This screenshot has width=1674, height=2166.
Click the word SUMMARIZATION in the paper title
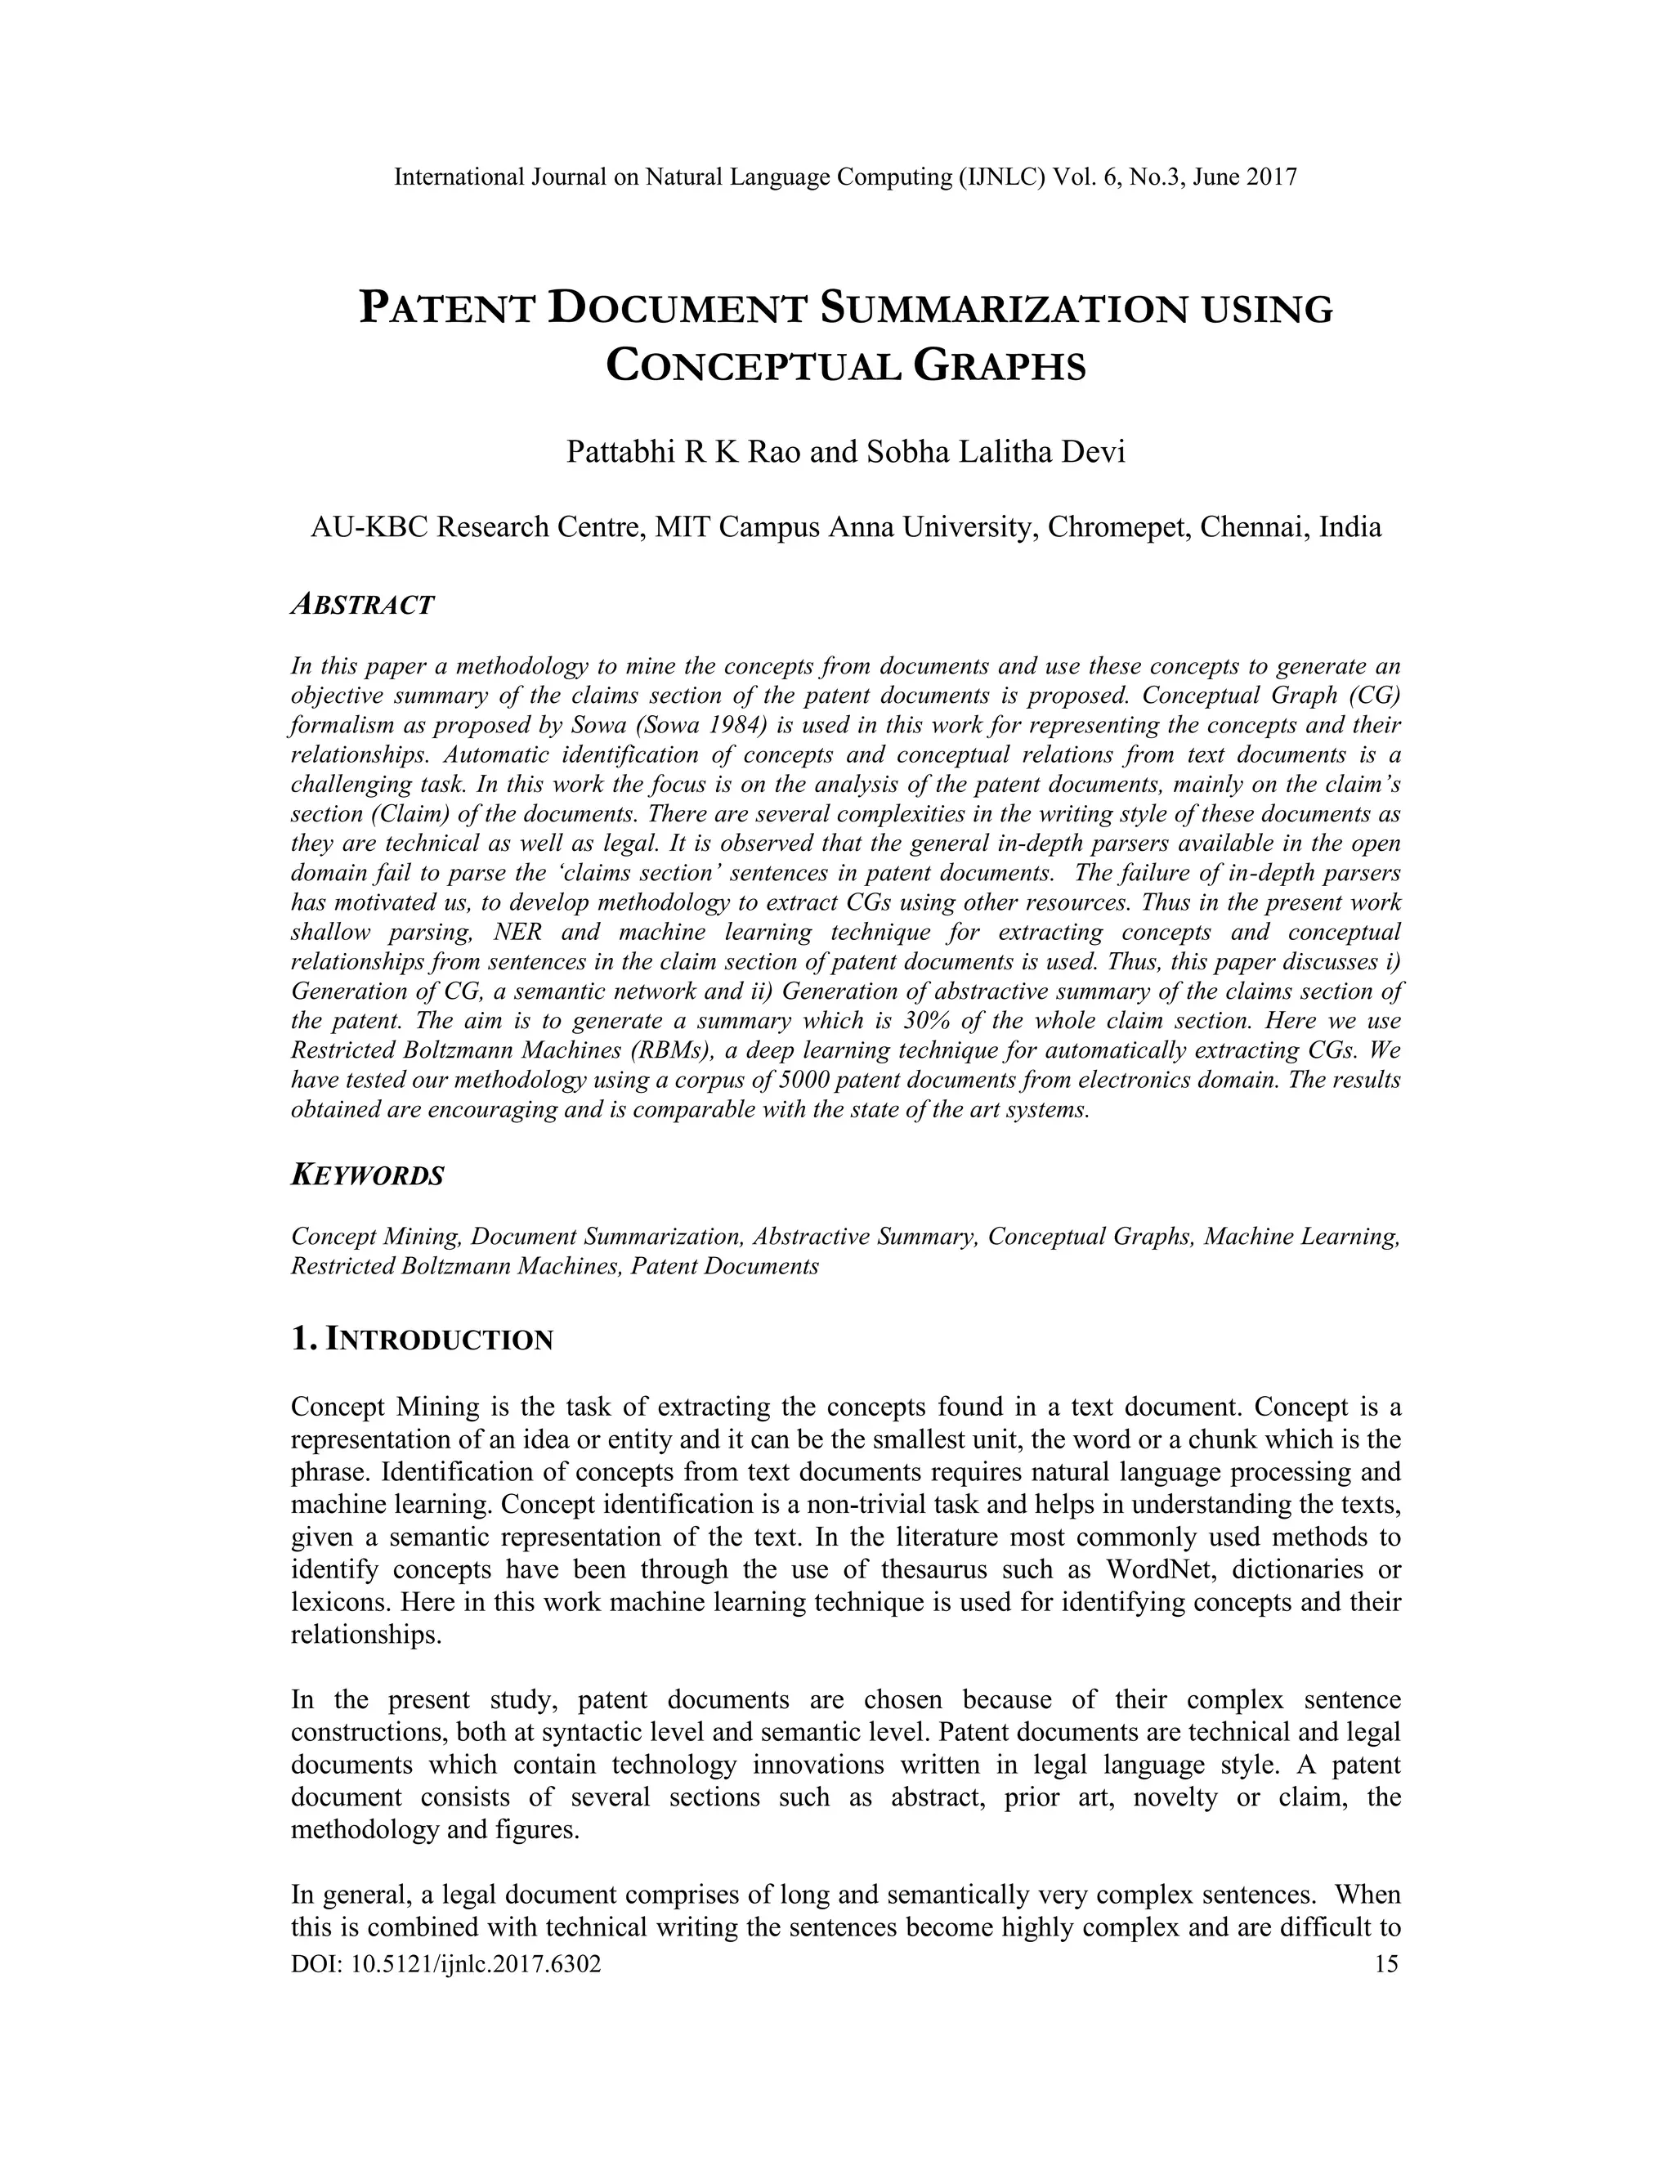click(x=1004, y=310)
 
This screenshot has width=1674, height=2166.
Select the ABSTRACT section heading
click(x=362, y=605)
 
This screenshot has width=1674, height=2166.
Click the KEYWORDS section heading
click(x=367, y=1176)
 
